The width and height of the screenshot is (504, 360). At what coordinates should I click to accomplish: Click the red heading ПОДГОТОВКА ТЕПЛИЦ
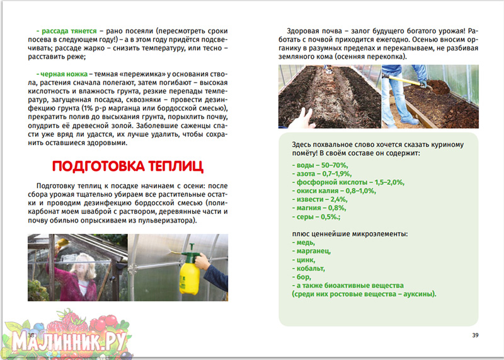click(x=128, y=167)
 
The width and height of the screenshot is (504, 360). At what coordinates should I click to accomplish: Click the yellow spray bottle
click(x=189, y=272)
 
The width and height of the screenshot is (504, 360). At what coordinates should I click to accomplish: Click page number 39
click(x=476, y=334)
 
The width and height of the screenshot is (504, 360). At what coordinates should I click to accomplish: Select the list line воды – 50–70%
click(x=316, y=165)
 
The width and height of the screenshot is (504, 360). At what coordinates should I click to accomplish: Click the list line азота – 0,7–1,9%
click(x=320, y=173)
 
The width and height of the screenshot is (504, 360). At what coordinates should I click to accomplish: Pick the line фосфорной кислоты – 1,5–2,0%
click(x=348, y=182)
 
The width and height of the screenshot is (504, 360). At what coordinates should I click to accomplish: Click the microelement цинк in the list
click(x=302, y=259)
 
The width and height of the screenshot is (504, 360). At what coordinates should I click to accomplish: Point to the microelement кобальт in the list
click(x=307, y=268)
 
